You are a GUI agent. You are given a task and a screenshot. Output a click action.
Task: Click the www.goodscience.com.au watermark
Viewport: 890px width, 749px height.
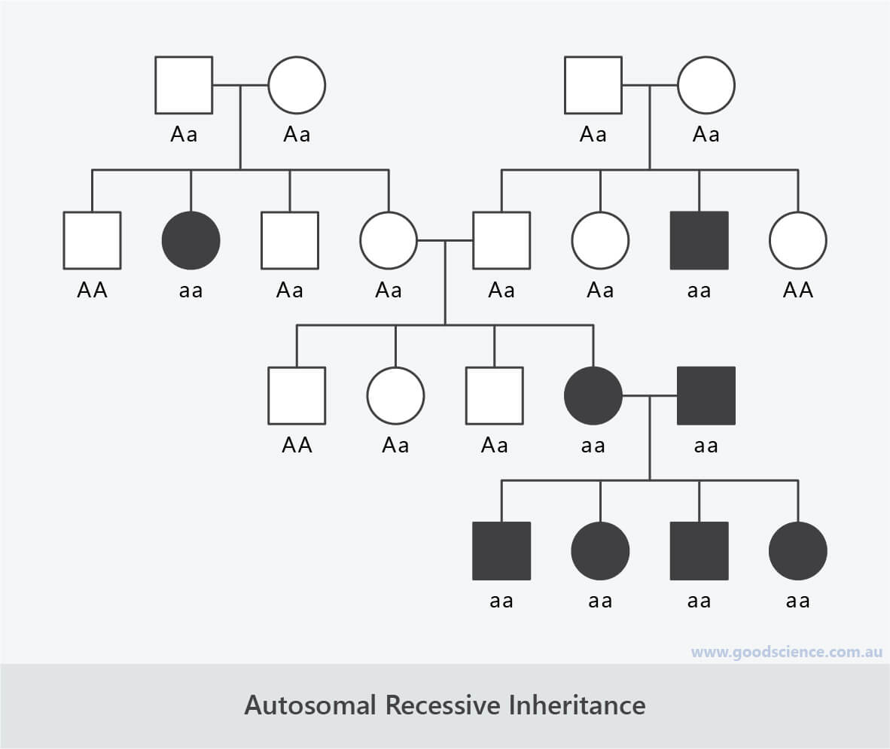click(786, 652)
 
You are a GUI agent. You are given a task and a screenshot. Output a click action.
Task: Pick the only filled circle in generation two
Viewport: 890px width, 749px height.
click(191, 240)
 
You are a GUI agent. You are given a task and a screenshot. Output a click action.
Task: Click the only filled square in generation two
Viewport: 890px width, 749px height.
click(699, 240)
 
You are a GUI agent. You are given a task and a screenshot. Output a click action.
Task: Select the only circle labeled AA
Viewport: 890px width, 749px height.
click(797, 240)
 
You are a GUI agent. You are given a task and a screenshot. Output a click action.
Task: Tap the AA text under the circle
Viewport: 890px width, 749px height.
click(797, 290)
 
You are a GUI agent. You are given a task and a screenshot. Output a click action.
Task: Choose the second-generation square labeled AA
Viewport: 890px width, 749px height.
click(92, 240)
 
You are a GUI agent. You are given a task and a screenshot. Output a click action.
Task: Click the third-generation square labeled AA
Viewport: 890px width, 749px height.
click(297, 395)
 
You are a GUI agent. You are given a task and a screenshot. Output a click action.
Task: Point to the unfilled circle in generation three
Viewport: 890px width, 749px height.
click(395, 395)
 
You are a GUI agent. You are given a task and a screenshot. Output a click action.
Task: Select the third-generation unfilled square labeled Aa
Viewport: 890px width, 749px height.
click(494, 395)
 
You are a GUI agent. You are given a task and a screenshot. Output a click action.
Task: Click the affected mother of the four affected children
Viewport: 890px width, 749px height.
click(593, 395)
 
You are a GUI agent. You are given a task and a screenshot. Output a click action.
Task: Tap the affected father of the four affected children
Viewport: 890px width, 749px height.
click(706, 395)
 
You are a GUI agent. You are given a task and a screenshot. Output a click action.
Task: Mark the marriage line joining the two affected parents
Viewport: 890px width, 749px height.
click(649, 394)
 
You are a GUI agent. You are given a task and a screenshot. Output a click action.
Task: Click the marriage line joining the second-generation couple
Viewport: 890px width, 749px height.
click(444, 240)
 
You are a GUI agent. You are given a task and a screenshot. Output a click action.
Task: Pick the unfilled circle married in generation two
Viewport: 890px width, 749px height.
click(389, 240)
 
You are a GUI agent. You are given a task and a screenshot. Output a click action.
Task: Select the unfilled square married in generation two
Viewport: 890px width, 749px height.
click(501, 240)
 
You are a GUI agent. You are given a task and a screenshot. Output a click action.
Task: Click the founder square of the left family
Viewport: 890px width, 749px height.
click(184, 85)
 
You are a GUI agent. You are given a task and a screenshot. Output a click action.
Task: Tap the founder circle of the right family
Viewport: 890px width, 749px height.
click(706, 85)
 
